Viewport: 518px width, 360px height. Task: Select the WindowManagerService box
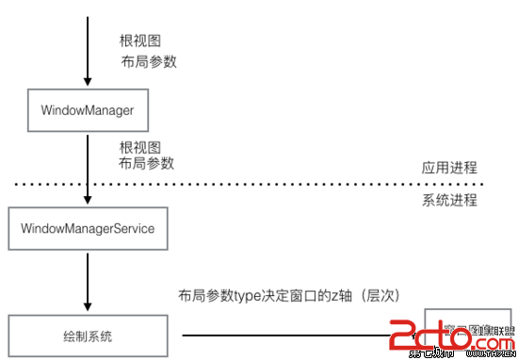(88, 228)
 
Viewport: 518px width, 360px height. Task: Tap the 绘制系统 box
(88, 335)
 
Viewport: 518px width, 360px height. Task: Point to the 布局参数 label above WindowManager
(149, 62)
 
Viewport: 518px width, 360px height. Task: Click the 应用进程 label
(449, 168)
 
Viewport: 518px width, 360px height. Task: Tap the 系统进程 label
(449, 200)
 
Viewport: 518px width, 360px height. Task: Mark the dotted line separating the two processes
(283, 184)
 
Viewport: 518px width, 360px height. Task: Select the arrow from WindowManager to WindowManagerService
(87, 170)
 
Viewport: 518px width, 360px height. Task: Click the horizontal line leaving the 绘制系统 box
(283, 335)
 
